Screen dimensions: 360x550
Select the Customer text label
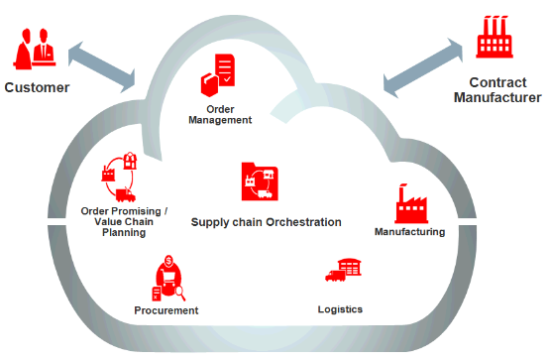pyautogui.click(x=37, y=87)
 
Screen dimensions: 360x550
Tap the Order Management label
pyautogui.click(x=220, y=114)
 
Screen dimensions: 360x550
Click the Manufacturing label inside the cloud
pyautogui.click(x=409, y=231)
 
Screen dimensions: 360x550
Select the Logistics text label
pyautogui.click(x=340, y=309)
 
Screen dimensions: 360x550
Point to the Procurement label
pyautogui.click(x=166, y=310)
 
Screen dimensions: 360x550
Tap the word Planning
pyautogui.click(x=125, y=233)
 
